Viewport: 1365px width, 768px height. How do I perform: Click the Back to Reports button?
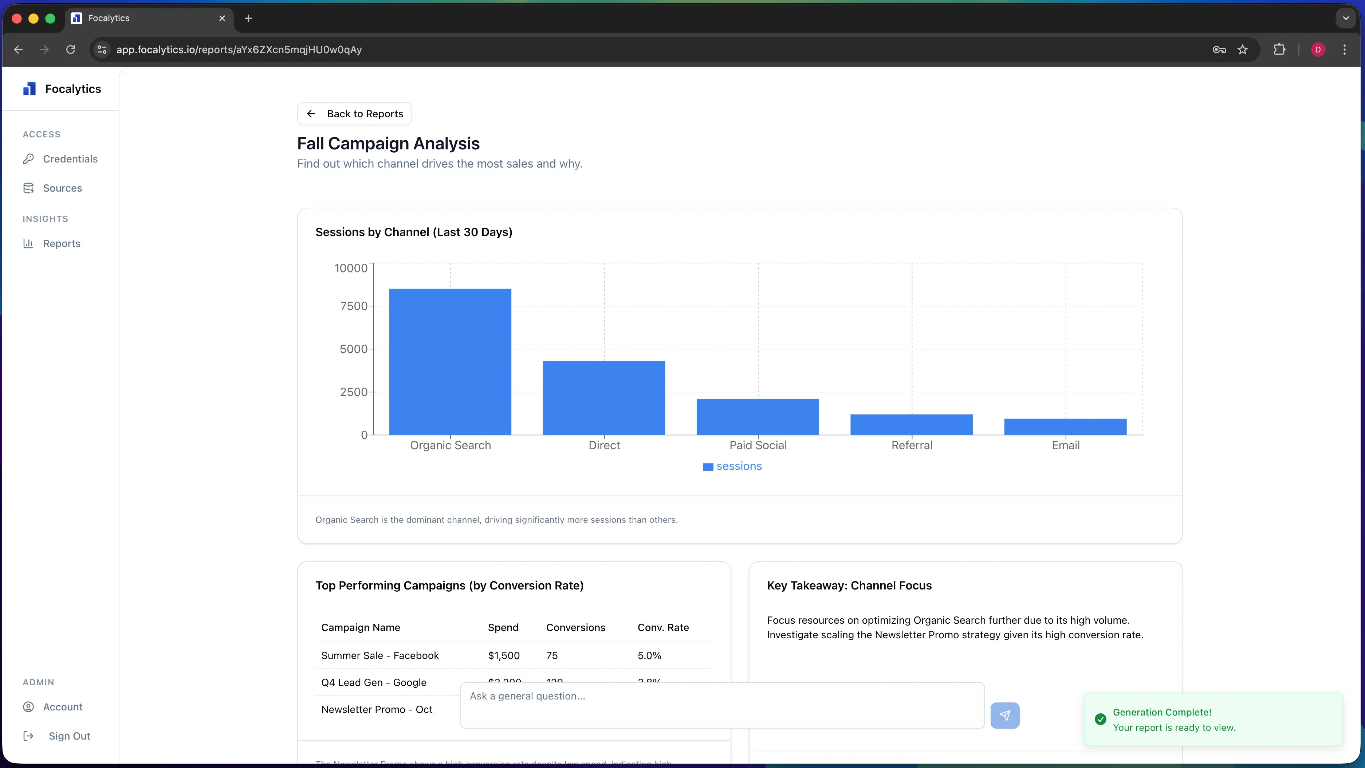354,114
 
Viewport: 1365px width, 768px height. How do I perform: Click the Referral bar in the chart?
912,424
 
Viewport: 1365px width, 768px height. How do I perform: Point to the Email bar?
1065,427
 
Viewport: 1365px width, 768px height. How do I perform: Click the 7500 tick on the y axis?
353,306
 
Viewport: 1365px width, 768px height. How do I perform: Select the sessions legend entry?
732,466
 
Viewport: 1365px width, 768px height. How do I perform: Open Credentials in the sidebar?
70,159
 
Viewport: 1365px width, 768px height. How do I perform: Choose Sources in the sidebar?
62,188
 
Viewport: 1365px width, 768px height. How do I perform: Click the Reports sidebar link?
62,244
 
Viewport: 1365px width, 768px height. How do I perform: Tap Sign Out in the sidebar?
69,736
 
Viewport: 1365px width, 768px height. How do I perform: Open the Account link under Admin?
63,707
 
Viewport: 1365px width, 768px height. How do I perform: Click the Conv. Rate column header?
663,627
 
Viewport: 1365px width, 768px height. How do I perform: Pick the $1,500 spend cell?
503,656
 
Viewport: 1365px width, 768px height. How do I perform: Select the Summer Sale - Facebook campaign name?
380,656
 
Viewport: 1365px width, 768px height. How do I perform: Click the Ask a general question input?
722,705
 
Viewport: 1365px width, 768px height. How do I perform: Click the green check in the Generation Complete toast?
1100,719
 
